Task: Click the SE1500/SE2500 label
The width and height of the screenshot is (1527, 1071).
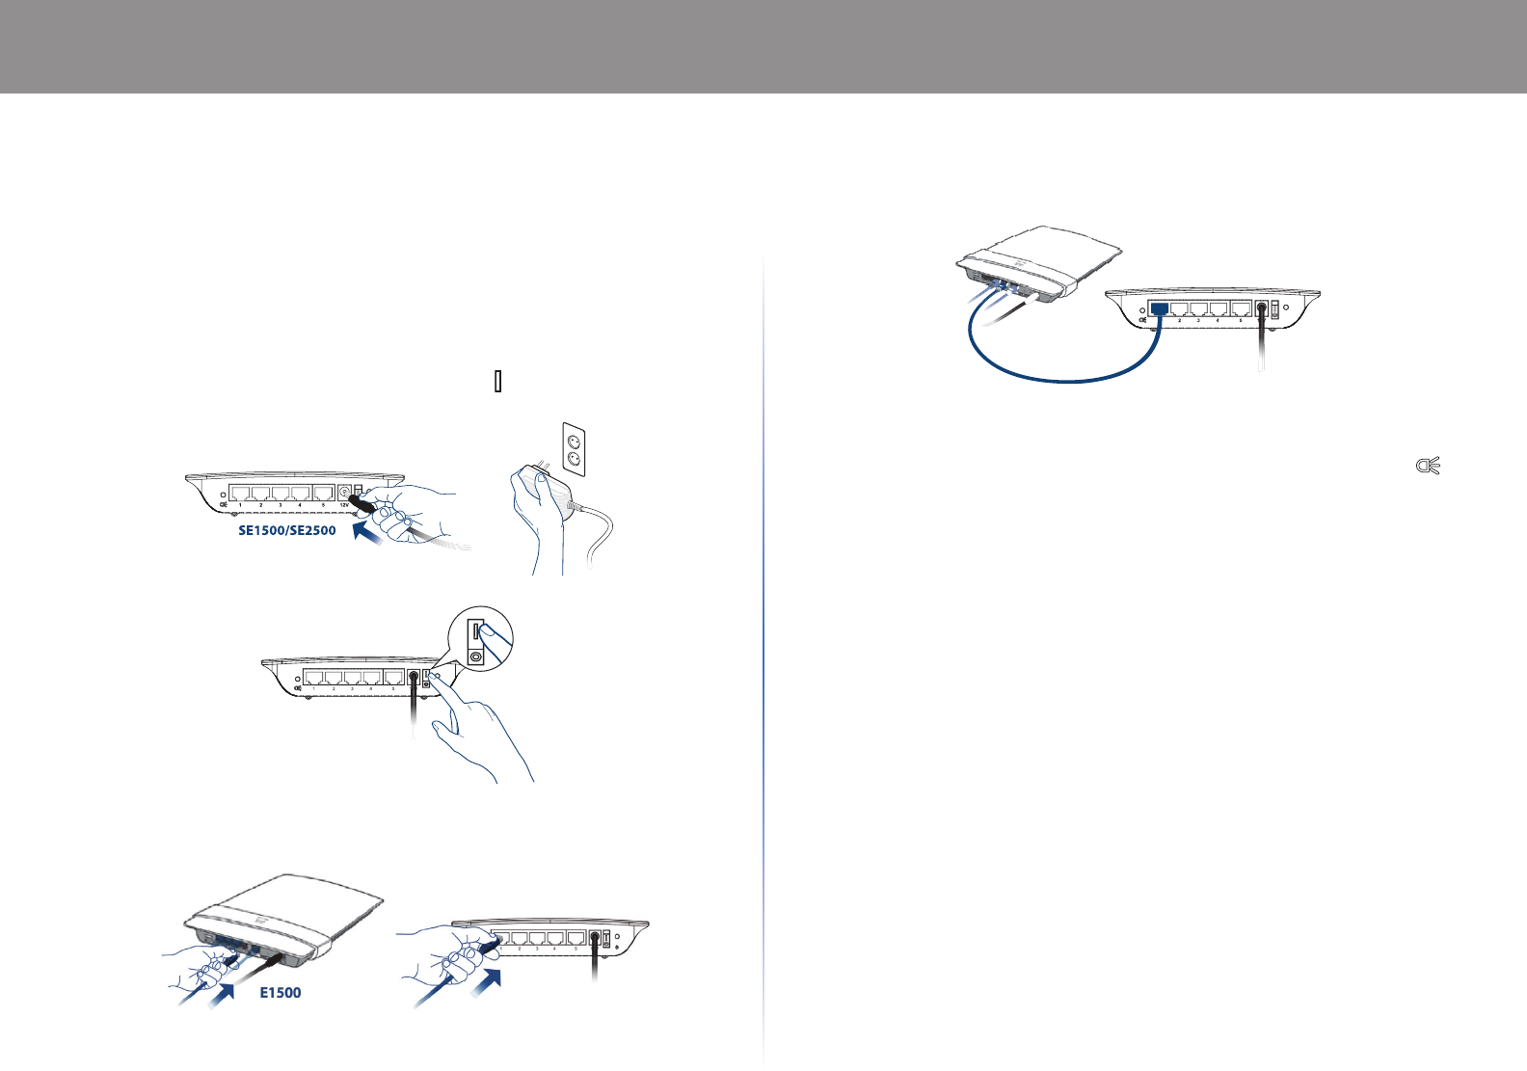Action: click(x=287, y=530)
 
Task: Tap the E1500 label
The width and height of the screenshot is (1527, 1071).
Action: click(x=281, y=993)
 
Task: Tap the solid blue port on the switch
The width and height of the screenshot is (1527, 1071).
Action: click(x=1160, y=308)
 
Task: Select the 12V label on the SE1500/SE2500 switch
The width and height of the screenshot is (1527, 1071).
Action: click(x=344, y=504)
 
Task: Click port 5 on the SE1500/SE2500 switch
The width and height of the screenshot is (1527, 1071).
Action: click(x=323, y=494)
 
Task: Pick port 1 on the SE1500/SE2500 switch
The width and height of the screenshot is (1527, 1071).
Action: click(x=240, y=494)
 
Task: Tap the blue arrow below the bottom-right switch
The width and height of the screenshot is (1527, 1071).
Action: click(x=491, y=987)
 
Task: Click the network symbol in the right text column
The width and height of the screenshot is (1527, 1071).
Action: click(x=1427, y=468)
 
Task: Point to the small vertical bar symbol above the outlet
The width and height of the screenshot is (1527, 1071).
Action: click(x=497, y=382)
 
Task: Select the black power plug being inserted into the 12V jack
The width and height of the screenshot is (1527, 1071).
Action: click(x=362, y=503)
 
